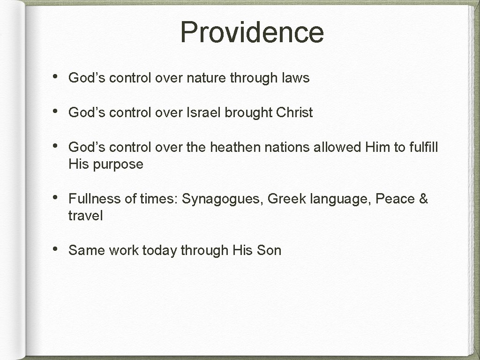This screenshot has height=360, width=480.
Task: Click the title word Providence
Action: coord(252,32)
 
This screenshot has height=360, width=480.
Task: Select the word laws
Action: coord(295,78)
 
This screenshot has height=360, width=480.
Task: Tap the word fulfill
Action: coord(423,147)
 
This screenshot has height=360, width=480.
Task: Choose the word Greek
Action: coord(286,199)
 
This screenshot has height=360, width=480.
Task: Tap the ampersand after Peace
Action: coord(423,199)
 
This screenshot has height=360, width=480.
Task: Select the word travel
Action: coord(85,216)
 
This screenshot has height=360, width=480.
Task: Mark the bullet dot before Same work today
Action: coord(55,249)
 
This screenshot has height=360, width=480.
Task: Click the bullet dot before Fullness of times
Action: coord(55,197)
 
